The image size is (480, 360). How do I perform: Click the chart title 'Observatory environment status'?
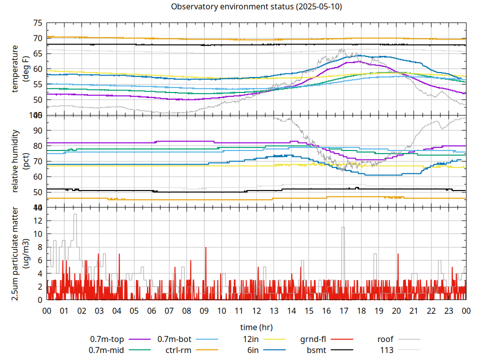point(256,6)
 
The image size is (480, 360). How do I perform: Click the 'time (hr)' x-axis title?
point(256,327)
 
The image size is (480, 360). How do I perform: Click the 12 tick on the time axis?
point(256,310)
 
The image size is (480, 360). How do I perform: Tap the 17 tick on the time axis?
point(343,310)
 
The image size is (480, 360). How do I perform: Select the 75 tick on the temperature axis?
point(37,23)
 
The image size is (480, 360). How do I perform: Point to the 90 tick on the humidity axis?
point(37,130)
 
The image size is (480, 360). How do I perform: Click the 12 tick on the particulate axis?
point(37,220)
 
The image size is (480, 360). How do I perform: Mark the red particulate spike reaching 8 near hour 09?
point(205,248)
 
